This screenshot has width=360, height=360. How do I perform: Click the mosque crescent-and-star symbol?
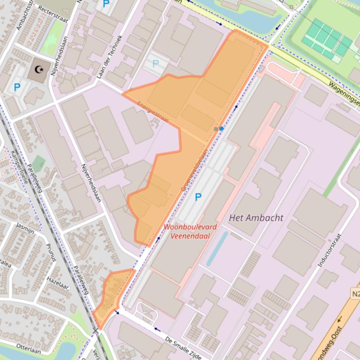pos(40,70)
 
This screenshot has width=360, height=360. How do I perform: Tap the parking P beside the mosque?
pos(17,87)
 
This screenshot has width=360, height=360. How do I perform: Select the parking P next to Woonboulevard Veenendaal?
pos(198,197)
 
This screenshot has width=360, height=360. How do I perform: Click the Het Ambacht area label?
pos(256,218)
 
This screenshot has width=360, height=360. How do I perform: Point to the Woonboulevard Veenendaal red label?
pos(190,231)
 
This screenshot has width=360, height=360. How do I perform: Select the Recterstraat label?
pos(53,9)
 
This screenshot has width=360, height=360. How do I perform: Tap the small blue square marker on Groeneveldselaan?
pos(221,128)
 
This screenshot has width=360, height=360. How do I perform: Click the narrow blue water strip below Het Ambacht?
pos(217,248)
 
